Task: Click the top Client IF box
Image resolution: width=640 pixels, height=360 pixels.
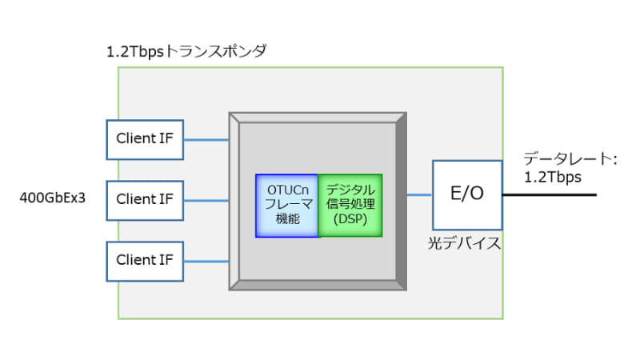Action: point(145,139)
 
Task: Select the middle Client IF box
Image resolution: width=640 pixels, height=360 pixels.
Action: point(145,199)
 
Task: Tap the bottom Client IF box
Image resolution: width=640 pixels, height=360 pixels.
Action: point(145,260)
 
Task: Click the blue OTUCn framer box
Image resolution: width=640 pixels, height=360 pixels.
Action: point(286,206)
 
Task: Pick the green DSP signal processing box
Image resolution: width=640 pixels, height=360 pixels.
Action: point(350,206)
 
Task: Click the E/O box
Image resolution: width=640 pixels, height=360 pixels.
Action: point(467,194)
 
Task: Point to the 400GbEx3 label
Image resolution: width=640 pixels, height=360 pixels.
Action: point(52,194)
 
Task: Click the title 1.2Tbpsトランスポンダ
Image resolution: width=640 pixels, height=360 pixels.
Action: point(186,51)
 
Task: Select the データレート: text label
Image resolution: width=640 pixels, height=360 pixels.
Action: point(570,159)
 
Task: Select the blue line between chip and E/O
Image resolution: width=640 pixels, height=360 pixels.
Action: point(419,194)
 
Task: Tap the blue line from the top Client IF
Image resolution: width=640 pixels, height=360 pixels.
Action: point(206,139)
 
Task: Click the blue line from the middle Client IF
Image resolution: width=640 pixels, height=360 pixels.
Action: point(206,199)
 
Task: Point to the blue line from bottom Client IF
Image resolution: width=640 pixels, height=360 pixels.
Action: point(206,260)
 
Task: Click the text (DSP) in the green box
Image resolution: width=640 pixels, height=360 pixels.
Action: point(350,221)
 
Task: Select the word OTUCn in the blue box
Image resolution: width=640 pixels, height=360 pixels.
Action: point(286,191)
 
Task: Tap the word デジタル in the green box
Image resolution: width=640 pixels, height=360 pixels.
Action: point(350,190)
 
